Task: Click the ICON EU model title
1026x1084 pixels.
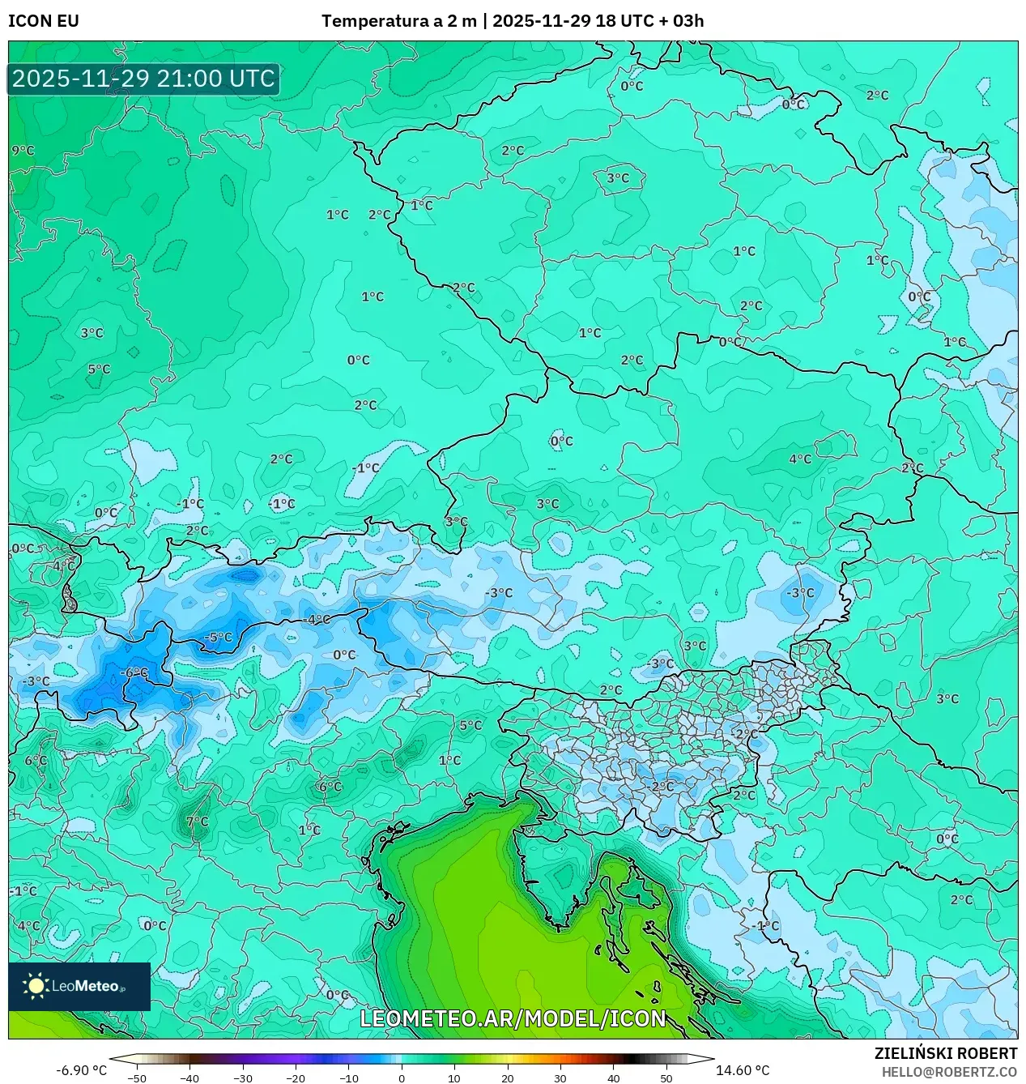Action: click(x=44, y=21)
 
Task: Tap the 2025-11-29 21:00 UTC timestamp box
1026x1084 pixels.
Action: click(x=143, y=79)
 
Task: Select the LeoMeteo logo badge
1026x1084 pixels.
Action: click(x=79, y=986)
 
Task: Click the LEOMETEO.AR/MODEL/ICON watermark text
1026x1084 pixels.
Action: click(x=513, y=1018)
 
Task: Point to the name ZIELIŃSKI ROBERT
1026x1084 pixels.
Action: click(x=945, y=1053)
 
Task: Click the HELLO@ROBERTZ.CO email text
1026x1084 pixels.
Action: click(x=949, y=1072)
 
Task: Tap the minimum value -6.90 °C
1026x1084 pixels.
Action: click(x=81, y=1070)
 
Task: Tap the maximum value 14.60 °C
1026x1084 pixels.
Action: click(x=743, y=1070)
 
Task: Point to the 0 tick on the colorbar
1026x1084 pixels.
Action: click(x=402, y=1078)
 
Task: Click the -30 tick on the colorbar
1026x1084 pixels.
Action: click(x=243, y=1078)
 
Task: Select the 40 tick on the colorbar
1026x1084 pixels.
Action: click(x=613, y=1078)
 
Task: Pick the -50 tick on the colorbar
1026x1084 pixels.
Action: click(x=137, y=1078)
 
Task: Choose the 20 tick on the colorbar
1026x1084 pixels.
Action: click(x=507, y=1078)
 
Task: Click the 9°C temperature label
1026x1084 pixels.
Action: click(x=23, y=151)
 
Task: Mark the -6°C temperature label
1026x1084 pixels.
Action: click(x=134, y=672)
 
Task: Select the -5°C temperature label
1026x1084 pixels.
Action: click(x=217, y=637)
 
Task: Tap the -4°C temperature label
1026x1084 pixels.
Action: click(x=316, y=620)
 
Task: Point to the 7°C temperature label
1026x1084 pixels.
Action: click(x=197, y=822)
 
